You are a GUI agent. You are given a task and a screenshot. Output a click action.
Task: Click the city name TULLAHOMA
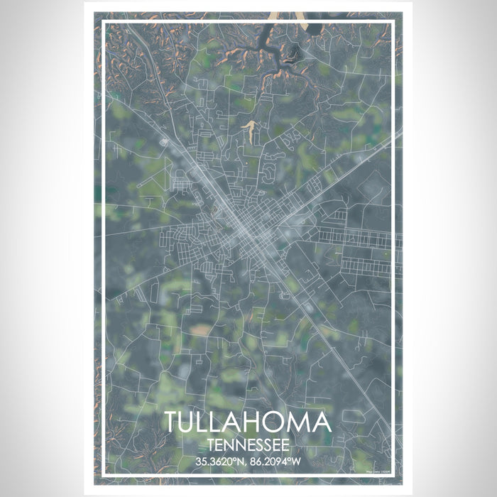(248, 423)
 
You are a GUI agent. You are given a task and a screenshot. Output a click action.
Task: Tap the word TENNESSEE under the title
(248, 445)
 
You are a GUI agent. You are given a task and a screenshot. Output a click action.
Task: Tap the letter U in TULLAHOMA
(190, 423)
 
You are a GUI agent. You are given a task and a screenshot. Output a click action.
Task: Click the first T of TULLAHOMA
(173, 423)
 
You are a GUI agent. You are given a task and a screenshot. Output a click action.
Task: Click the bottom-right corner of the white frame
(393, 474)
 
